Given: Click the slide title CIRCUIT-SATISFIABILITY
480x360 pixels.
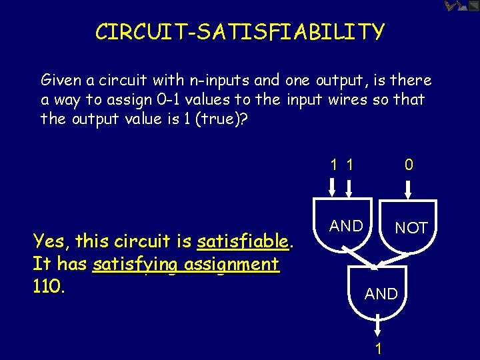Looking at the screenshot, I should [x=240, y=32].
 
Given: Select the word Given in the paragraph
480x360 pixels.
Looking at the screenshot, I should [x=61, y=81].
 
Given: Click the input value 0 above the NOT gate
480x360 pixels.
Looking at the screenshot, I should [x=409, y=165].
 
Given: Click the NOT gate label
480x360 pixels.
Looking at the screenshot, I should [x=411, y=228].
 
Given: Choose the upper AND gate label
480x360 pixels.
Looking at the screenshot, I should [x=347, y=226].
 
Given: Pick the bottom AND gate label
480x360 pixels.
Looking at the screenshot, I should [x=381, y=293].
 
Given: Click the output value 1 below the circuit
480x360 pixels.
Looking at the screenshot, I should [x=378, y=348].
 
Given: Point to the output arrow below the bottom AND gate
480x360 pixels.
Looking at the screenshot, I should [x=378, y=327].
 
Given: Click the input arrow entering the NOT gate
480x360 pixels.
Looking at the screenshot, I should [x=409, y=189].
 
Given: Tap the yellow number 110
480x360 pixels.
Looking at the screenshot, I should [x=48, y=287].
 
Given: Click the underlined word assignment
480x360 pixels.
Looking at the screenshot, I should [x=233, y=264].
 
